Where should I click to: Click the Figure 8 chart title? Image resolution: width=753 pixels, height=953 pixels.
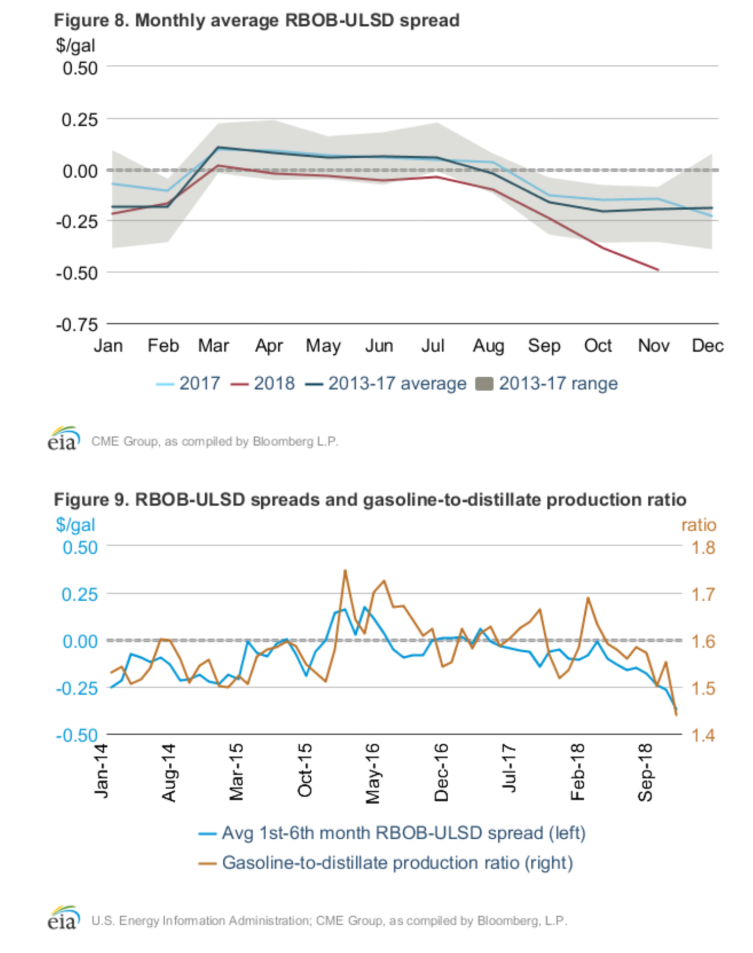(256, 20)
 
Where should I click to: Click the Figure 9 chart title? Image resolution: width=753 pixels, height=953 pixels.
(370, 499)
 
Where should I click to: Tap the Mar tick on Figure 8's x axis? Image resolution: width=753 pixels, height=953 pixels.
(213, 345)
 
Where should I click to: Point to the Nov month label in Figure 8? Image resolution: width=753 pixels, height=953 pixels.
(653, 345)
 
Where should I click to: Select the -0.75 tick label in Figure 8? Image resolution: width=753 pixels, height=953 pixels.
(77, 324)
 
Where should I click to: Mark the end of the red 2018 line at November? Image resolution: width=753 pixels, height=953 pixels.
(658, 270)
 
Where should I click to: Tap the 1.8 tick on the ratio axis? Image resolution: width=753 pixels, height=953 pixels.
(703, 547)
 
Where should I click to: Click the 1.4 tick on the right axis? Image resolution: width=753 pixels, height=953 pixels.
(703, 735)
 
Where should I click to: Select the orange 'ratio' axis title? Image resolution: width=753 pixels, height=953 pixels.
(698, 525)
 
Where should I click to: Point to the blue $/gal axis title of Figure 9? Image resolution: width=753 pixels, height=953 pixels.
(75, 525)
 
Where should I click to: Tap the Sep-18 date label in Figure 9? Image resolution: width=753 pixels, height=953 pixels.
(645, 772)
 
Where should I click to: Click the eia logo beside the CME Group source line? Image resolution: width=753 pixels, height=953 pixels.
(63, 439)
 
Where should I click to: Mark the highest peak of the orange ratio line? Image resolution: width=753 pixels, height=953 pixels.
(345, 571)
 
